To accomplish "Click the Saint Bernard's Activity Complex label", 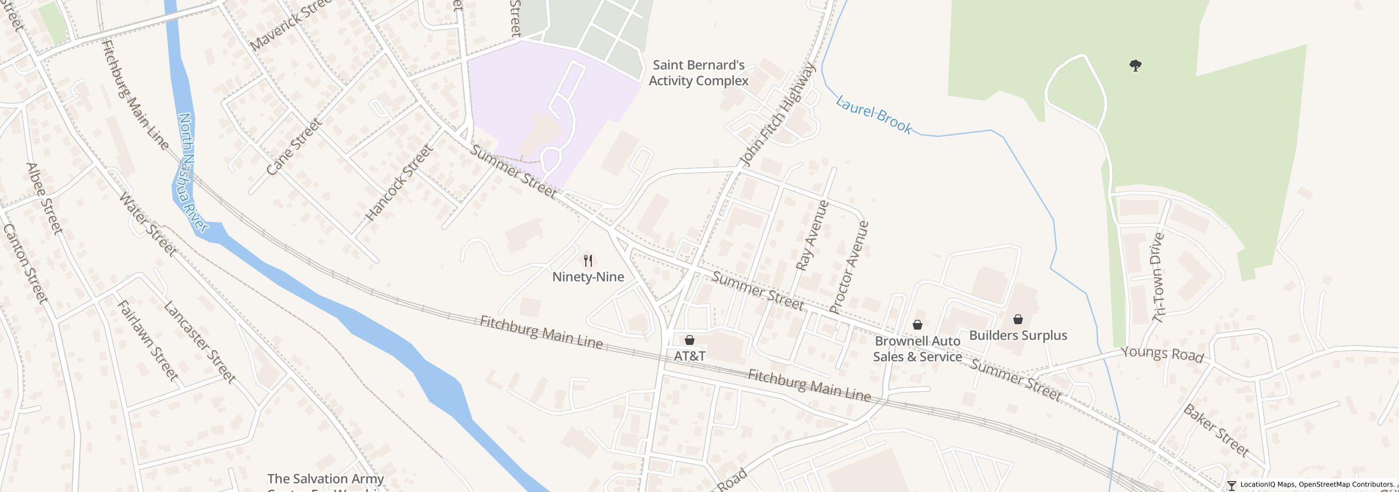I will click(x=698, y=73).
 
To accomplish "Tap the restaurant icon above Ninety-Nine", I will click(x=588, y=260).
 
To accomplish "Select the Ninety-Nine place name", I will click(x=588, y=277).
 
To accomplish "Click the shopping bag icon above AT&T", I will click(x=690, y=340).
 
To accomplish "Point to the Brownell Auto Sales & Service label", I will click(x=917, y=349).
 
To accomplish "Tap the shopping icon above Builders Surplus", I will click(x=1018, y=319).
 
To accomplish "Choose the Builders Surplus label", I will click(x=1018, y=335).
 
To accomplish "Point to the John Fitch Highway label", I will click(x=777, y=115).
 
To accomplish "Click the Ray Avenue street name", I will click(x=812, y=236).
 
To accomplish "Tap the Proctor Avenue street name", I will click(x=849, y=267).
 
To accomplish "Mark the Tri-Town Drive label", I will click(x=1159, y=278).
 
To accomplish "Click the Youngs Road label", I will click(x=1162, y=354).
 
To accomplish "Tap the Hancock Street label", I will click(x=399, y=183).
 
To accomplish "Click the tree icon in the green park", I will click(x=1136, y=66).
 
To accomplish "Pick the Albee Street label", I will click(x=45, y=198).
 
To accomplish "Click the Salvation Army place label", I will click(x=326, y=479).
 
